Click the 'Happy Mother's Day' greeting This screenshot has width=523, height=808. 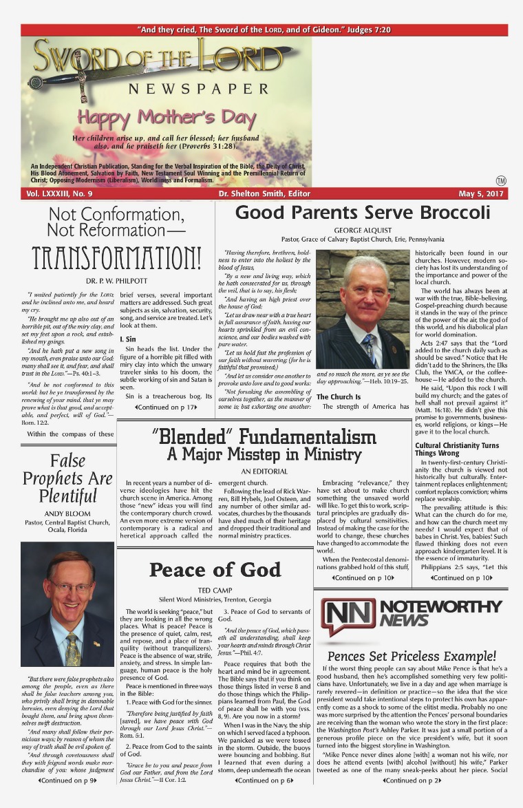click(x=166, y=118)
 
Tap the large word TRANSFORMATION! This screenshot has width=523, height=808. click(x=116, y=256)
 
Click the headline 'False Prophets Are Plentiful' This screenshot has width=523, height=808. click(x=67, y=478)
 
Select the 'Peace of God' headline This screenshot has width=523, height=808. click(x=215, y=570)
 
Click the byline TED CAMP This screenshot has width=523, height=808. click(x=215, y=590)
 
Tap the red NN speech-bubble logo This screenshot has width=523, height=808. click(x=349, y=617)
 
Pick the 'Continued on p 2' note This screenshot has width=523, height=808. click(x=411, y=800)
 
